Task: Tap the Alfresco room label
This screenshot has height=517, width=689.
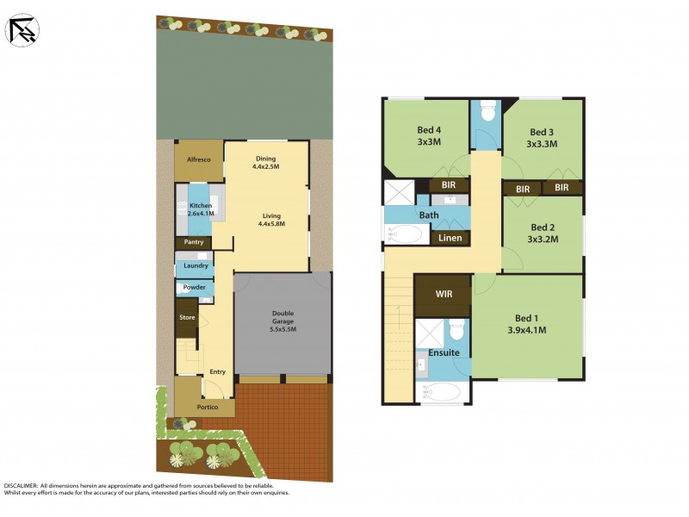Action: tap(199, 159)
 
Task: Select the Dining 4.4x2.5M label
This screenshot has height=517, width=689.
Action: tap(266, 162)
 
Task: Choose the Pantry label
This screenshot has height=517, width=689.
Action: tap(193, 242)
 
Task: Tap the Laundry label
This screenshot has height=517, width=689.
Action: tap(195, 266)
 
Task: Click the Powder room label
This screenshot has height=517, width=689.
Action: tap(193, 287)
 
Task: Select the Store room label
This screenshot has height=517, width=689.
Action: tap(187, 318)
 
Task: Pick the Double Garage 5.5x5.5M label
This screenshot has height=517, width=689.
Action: tap(283, 321)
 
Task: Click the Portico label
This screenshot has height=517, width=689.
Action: tap(208, 407)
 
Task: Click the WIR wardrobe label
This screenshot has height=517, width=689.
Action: tap(444, 295)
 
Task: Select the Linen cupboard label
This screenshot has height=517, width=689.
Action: tap(450, 238)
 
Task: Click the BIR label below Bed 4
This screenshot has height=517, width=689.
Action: tap(449, 185)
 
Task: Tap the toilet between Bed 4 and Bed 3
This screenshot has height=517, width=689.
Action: tap(487, 112)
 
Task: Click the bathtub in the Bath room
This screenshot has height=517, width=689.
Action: tap(405, 234)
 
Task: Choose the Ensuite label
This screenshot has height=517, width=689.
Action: tap(444, 352)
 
